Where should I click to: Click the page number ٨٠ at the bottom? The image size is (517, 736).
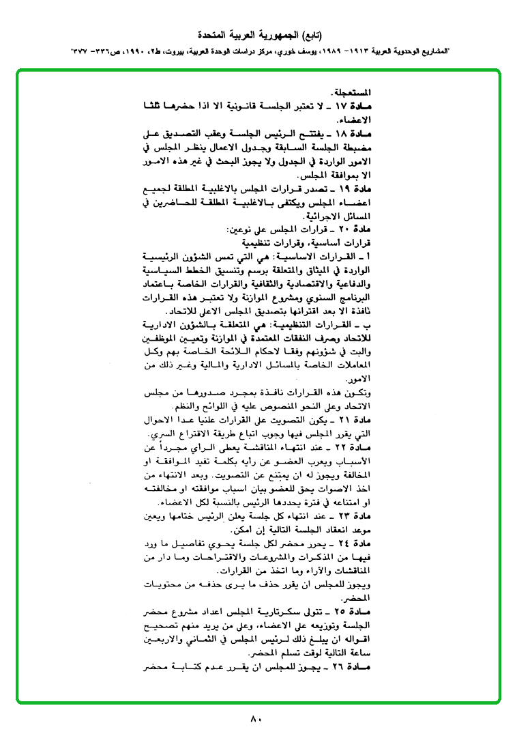(x=256, y=719)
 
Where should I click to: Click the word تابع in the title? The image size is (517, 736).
(x=311, y=34)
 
